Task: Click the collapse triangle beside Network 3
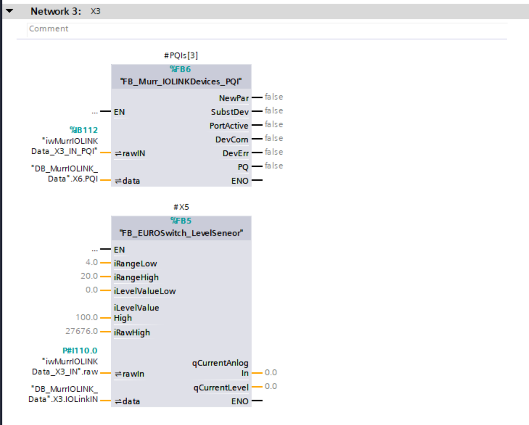tap(10, 11)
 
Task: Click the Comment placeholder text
tap(48, 29)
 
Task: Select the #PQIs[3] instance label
tap(181, 55)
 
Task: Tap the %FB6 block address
tap(180, 69)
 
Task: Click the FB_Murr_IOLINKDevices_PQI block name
tap(181, 82)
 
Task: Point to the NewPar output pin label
tap(234, 98)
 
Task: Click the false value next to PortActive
tap(274, 124)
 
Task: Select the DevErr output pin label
tap(235, 153)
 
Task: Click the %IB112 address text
tap(84, 130)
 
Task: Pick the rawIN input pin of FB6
tap(130, 153)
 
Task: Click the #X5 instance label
tap(181, 207)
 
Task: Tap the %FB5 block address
tap(181, 220)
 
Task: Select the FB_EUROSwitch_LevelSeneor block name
tap(181, 233)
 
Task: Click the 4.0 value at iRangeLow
tap(91, 262)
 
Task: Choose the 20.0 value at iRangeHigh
tap(89, 276)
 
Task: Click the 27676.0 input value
tap(82, 331)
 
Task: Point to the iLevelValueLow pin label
tap(145, 291)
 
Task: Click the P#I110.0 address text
tap(80, 351)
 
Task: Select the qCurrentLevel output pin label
tap(221, 388)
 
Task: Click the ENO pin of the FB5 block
tap(240, 401)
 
